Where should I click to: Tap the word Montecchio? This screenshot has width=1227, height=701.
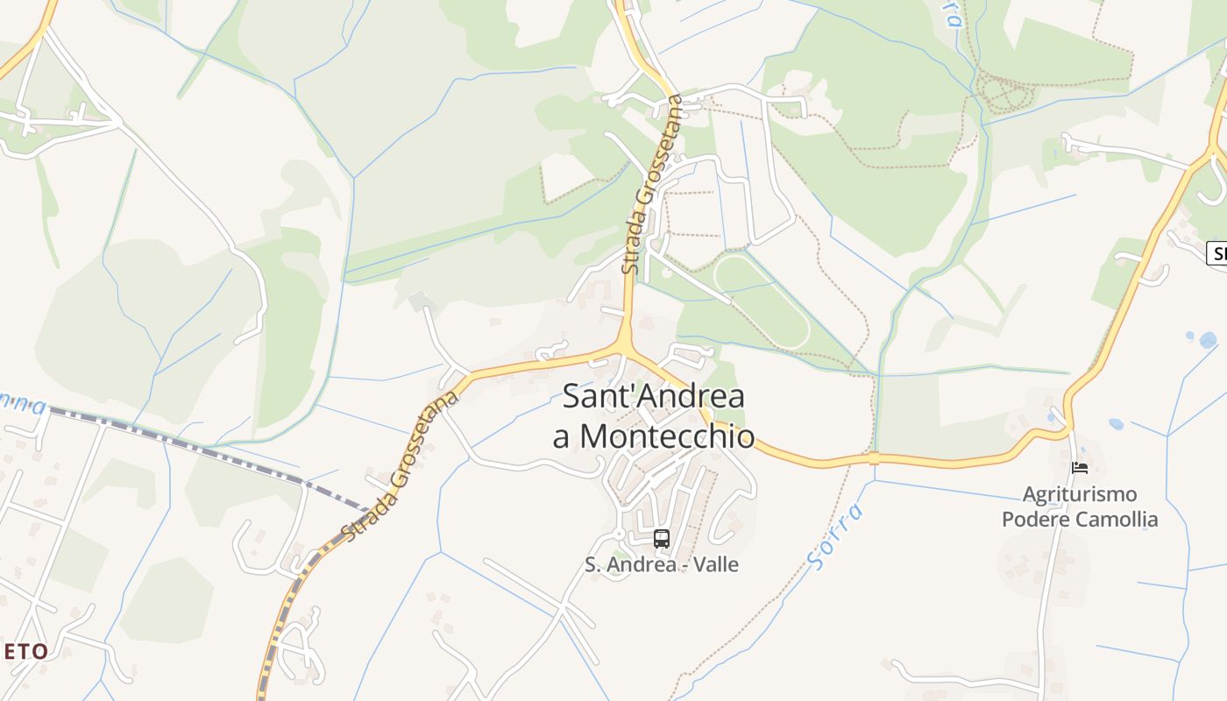[x=668, y=435]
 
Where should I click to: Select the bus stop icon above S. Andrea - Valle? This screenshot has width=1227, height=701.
[x=662, y=538]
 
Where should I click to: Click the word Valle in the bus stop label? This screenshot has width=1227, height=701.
[x=716, y=565]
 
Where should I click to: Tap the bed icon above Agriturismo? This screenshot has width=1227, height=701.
[x=1080, y=468]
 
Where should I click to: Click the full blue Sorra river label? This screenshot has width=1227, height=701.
[x=835, y=536]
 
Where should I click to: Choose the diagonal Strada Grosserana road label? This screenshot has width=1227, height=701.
[x=401, y=466]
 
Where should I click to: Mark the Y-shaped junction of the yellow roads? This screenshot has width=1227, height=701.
[x=623, y=345]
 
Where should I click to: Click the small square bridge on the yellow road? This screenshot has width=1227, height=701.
[x=874, y=458]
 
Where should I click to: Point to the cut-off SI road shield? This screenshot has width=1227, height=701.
[x=1216, y=254]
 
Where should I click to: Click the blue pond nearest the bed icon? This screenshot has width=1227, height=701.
[x=1116, y=424]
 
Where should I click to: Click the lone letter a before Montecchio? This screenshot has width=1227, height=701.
[x=562, y=435]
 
